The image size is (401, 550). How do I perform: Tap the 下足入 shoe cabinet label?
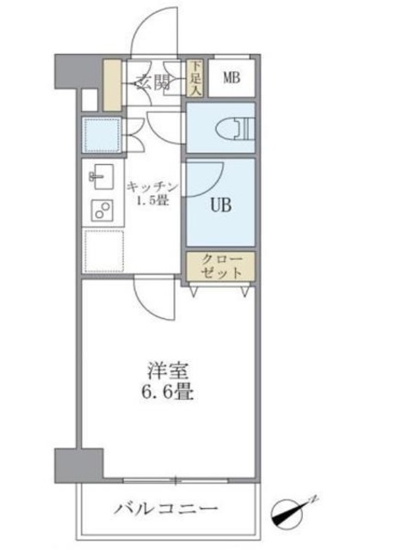[195, 76]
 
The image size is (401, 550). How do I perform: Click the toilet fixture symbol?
[238, 129]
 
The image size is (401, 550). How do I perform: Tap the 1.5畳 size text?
[151, 202]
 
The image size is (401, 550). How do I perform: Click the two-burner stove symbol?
[102, 211]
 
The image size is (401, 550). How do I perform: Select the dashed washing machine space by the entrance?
[101, 134]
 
